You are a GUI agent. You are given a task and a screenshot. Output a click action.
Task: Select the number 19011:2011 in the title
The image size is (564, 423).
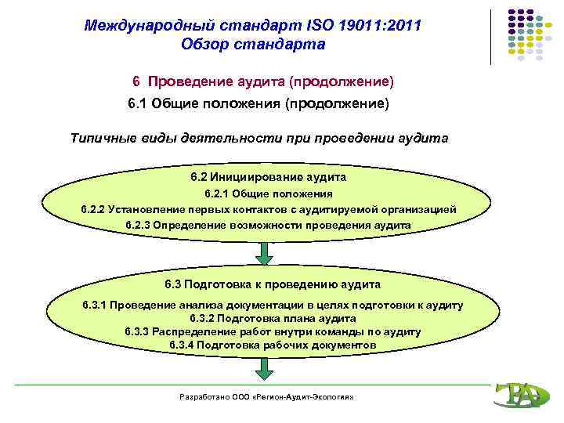(x=380, y=26)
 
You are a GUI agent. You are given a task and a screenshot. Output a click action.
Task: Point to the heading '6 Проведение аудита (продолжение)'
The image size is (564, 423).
(x=262, y=81)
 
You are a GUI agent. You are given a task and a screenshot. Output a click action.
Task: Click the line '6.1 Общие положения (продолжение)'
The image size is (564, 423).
(x=258, y=103)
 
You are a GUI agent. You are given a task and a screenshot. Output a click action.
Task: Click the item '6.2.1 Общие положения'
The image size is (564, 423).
(x=268, y=193)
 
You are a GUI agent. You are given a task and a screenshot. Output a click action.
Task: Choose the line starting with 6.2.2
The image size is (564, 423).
(x=268, y=209)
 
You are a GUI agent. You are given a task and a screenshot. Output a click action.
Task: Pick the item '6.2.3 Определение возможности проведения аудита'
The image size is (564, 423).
(x=268, y=225)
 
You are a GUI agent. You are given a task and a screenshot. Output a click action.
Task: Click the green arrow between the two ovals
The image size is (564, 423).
(x=265, y=253)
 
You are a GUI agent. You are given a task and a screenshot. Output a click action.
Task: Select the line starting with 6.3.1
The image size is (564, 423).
(x=273, y=305)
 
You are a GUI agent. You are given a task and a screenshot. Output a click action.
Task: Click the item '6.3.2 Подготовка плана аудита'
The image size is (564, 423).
(x=273, y=318)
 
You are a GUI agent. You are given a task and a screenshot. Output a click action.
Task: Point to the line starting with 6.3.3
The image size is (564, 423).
(x=273, y=331)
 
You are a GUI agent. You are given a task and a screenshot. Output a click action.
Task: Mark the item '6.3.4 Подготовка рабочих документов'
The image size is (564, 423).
(x=273, y=345)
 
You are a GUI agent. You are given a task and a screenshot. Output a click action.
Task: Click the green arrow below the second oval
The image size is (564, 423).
(x=265, y=368)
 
